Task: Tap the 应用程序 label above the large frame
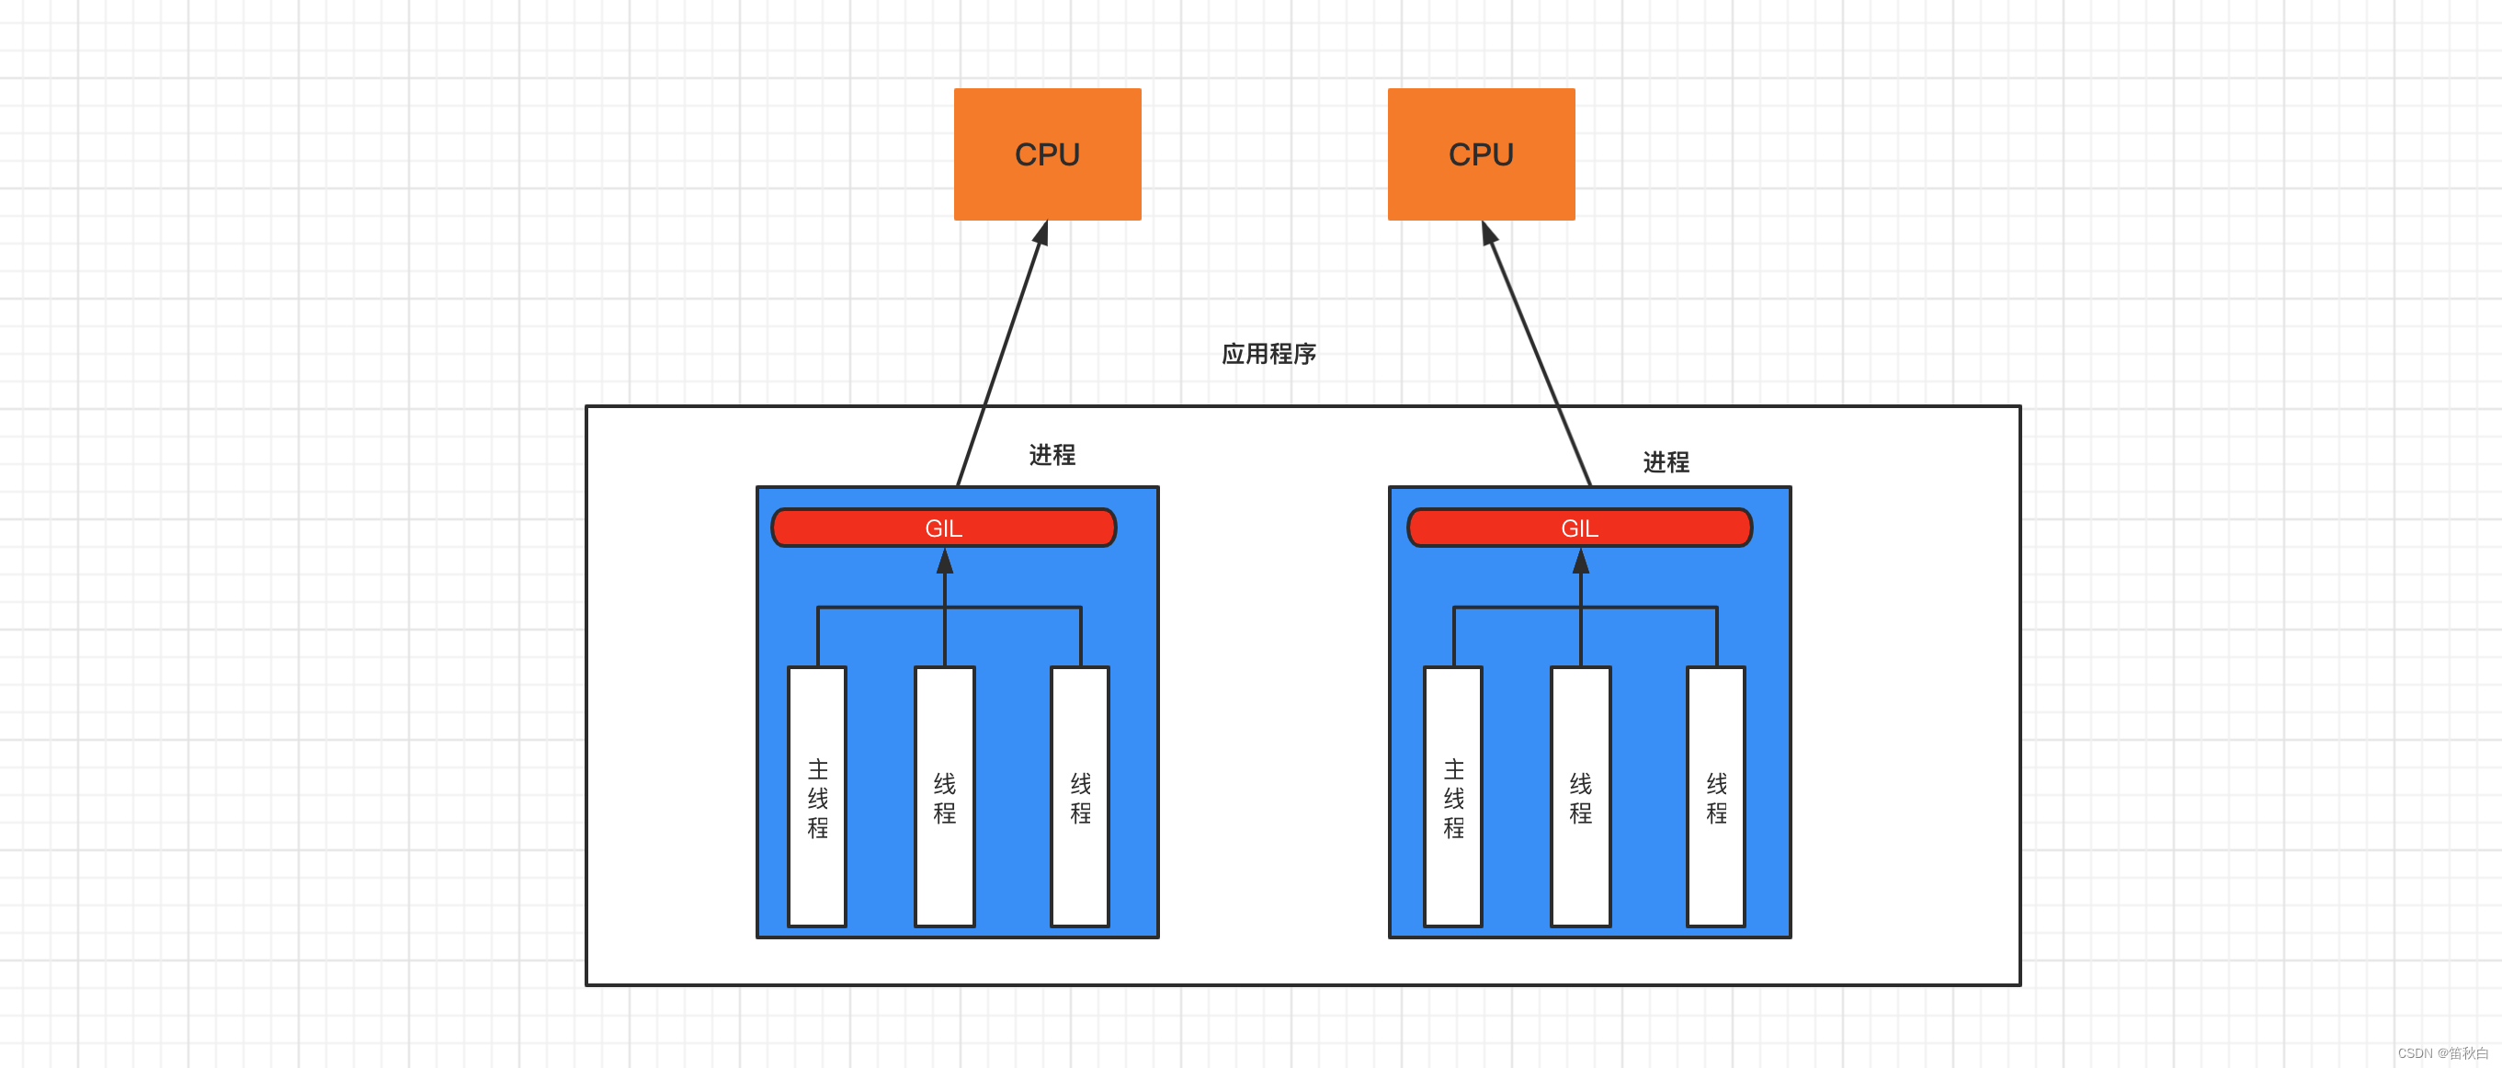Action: pos(1268,354)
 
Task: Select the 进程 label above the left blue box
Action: pos(1052,454)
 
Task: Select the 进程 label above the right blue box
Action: pos(1666,462)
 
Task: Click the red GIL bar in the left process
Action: pos(855,528)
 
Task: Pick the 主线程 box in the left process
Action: pos(817,796)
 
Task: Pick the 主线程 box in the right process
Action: pos(1453,796)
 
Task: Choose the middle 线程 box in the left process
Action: pos(944,796)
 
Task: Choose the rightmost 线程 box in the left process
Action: pos(1080,796)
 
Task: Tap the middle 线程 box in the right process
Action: pos(1580,796)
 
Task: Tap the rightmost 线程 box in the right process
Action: pos(1716,796)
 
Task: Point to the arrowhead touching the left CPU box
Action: pos(1041,233)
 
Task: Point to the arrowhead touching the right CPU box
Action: pos(1489,233)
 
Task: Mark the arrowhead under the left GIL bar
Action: pos(944,561)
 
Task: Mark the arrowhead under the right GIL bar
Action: pos(1580,561)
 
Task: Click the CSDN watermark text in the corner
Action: pos(2441,1053)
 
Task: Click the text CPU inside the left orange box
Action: pos(1047,154)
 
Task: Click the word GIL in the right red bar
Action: pos(1579,528)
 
